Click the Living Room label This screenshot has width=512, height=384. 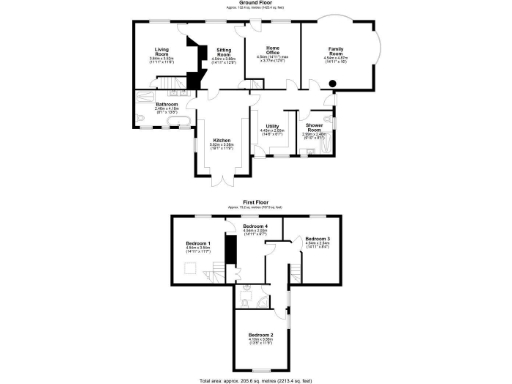click(162, 52)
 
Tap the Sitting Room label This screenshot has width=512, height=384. click(225, 52)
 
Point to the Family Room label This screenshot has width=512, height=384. click(335, 51)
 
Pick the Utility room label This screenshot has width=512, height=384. click(271, 125)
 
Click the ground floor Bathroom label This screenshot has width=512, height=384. click(166, 104)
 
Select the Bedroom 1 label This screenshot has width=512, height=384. click(197, 244)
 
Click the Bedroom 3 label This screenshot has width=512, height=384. click(317, 239)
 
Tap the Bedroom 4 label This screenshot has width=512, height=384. click(255, 228)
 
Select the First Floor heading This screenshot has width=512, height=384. click(255, 202)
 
